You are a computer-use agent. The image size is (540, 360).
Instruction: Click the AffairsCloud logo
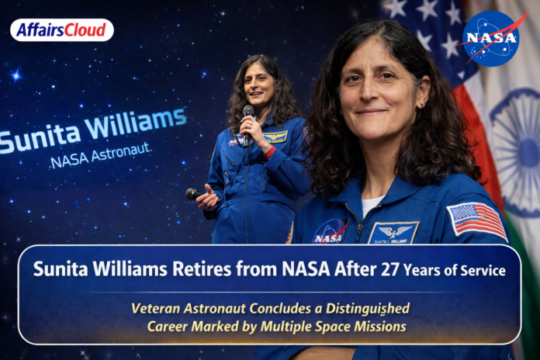61,30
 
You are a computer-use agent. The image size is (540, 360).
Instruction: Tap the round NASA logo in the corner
490,38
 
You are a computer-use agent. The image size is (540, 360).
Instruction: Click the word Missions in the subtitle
378,326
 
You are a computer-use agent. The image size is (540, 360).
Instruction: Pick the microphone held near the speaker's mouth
248,117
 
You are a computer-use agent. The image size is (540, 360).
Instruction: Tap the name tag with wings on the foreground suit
393,232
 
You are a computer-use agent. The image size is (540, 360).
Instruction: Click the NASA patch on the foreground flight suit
330,232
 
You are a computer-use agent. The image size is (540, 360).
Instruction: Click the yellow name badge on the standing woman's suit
275,137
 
